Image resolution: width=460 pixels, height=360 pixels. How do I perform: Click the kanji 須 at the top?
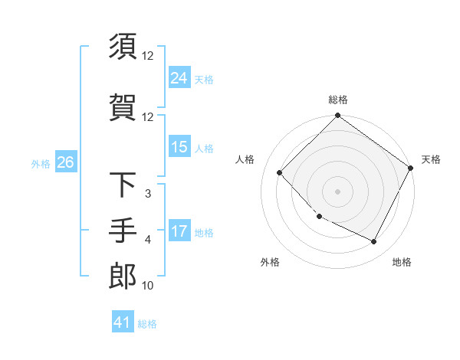[x=123, y=46]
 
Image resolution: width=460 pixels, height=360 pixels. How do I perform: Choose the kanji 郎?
[x=123, y=275]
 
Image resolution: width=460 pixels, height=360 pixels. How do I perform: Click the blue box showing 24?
[x=179, y=77]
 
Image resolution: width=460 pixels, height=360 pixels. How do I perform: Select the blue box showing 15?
[x=179, y=147]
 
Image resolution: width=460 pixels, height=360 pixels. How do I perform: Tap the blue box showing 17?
[x=179, y=232]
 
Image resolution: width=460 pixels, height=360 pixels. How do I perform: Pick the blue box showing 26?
[x=65, y=162]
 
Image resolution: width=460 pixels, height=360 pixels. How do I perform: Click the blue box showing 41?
[x=123, y=322]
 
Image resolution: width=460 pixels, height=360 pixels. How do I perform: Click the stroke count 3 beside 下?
[x=147, y=194]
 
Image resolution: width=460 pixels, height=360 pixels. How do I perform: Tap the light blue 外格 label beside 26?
[x=41, y=163]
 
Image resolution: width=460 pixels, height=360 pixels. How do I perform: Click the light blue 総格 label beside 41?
[x=147, y=323]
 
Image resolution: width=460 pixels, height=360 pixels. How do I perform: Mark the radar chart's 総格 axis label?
[x=337, y=100]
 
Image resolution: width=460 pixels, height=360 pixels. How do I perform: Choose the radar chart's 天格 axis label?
[x=431, y=159]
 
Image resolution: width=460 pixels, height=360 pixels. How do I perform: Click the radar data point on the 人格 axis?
[x=280, y=173]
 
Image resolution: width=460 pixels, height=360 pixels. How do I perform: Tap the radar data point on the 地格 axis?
[x=374, y=242]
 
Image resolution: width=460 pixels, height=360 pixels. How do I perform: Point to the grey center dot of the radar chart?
[x=337, y=191]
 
